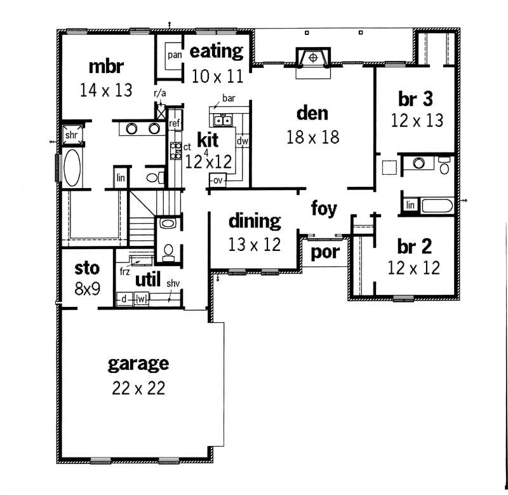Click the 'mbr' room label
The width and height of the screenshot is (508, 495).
[x=105, y=66]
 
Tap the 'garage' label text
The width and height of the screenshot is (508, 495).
[x=138, y=364]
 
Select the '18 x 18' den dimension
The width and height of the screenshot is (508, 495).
[x=312, y=137]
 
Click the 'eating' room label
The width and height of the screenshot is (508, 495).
[x=217, y=51]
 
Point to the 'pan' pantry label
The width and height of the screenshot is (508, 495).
[x=175, y=55]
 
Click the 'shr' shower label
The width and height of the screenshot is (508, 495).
[x=71, y=135]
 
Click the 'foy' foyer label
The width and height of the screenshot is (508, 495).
[x=324, y=208]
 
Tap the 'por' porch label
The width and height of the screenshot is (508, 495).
[x=324, y=252]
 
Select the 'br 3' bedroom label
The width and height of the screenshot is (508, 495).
[x=416, y=99]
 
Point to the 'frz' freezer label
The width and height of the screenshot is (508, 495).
[x=124, y=271]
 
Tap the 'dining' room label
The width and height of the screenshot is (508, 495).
[x=254, y=221]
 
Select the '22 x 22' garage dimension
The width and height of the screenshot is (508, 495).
[x=138, y=388]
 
